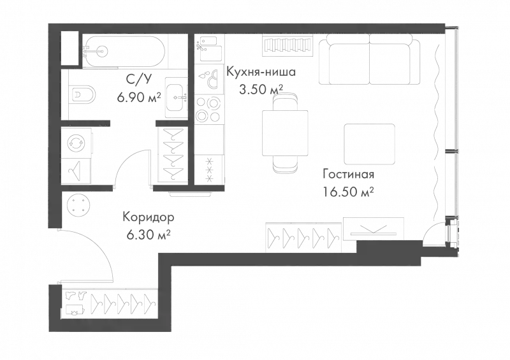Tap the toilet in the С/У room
click(x=83, y=96)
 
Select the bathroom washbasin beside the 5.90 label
click(x=175, y=96)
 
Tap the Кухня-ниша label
click(x=261, y=72)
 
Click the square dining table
click(x=286, y=132)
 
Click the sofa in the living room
click(x=370, y=61)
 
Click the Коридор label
click(x=149, y=217)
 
